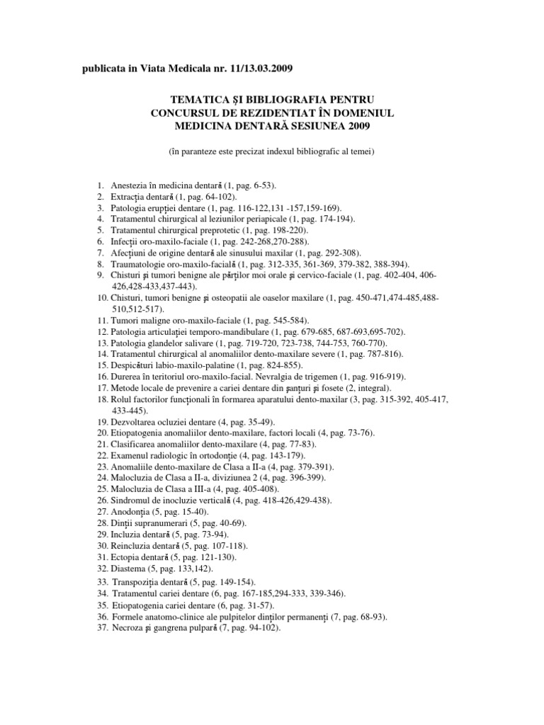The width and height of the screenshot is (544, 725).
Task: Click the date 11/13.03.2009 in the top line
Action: [x=253, y=67]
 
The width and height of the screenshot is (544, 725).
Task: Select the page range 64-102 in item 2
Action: [x=218, y=196]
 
